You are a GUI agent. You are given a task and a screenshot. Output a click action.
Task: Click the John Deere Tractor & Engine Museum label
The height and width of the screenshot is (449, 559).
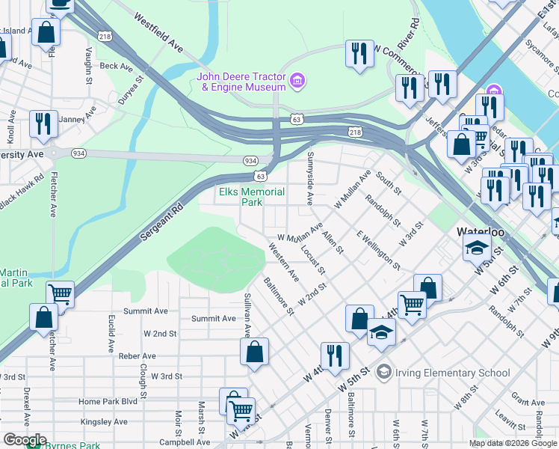(x=241, y=82)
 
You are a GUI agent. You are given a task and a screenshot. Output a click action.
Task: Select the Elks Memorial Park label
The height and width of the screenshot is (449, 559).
(x=252, y=197)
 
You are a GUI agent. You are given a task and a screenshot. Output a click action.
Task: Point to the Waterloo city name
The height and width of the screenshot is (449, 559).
(x=482, y=233)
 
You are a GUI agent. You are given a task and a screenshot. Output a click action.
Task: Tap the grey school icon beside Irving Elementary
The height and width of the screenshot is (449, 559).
(x=383, y=372)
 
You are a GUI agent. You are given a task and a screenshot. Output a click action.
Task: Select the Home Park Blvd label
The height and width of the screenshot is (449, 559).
(x=108, y=402)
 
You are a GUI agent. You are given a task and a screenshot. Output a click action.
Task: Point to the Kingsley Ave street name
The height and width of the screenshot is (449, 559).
(x=105, y=422)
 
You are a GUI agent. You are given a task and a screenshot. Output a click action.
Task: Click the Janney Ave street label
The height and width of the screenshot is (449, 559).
(x=78, y=117)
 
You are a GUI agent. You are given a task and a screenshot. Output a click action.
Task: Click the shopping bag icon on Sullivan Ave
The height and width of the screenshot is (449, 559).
(x=254, y=352)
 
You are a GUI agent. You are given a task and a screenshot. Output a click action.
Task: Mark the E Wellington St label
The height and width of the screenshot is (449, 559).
(x=377, y=251)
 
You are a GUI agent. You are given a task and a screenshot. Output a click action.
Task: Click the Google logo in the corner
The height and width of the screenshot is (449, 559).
(x=24, y=440)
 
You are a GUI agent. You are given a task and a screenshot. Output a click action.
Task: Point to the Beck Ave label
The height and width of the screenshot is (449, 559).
(x=116, y=66)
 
